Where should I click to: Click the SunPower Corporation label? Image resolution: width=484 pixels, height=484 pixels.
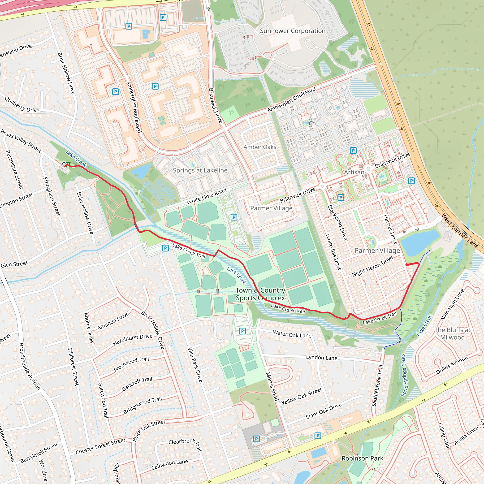tap(293, 31)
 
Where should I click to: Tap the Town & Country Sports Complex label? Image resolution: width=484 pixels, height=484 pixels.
tap(260, 294)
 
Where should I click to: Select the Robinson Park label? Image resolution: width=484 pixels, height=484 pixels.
tap(362, 458)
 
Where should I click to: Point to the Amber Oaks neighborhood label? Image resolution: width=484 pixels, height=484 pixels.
tap(260, 147)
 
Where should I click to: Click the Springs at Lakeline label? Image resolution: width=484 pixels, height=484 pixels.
tap(200, 170)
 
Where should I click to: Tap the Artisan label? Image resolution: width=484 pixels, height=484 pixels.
tap(354, 172)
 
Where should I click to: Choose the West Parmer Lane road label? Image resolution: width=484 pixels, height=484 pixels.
tap(460, 231)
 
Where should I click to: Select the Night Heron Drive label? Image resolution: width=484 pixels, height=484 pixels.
tap(372, 266)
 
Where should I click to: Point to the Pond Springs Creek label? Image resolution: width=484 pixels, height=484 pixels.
tap(404, 376)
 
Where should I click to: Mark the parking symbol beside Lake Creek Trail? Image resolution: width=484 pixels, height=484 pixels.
tap(165, 248)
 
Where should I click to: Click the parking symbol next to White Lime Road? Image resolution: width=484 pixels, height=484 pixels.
tap(233, 217)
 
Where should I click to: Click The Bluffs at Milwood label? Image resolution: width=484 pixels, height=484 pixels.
tap(452, 333)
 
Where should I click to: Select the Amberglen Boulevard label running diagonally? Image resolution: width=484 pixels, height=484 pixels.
tap(291, 99)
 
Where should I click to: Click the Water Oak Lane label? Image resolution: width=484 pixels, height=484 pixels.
tap(292, 334)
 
